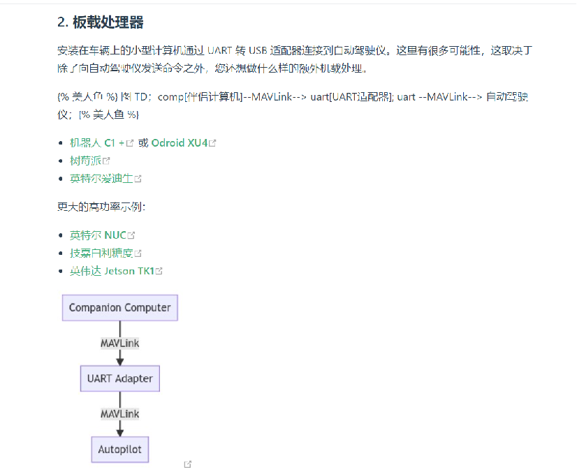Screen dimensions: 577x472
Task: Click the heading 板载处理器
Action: pyautogui.click(x=108, y=22)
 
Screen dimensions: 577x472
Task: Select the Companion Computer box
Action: pyautogui.click(x=120, y=307)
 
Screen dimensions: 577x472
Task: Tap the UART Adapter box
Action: pyautogui.click(x=120, y=378)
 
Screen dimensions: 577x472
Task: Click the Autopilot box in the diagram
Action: pyautogui.click(x=120, y=449)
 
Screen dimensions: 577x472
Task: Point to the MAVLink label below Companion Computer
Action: pyautogui.click(x=120, y=343)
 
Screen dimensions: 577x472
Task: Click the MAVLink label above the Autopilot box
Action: pyautogui.click(x=120, y=414)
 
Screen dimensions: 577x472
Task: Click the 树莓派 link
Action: pyautogui.click(x=85, y=161)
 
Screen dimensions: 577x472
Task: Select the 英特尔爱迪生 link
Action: pyautogui.click(x=101, y=179)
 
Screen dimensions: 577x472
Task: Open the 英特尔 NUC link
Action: pyautogui.click(x=98, y=235)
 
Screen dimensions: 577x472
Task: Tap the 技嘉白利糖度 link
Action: pyautogui.click(x=101, y=253)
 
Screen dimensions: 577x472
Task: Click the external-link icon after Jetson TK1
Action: pyautogui.click(x=159, y=271)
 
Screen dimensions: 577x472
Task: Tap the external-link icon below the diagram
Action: pyautogui.click(x=188, y=464)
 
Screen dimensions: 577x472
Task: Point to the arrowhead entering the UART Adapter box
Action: pyautogui.click(x=120, y=361)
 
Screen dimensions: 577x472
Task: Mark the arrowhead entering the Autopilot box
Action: pyautogui.click(x=120, y=432)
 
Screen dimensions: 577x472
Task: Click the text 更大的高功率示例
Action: pyautogui.click(x=101, y=207)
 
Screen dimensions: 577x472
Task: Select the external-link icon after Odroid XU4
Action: pyautogui.click(x=212, y=143)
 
